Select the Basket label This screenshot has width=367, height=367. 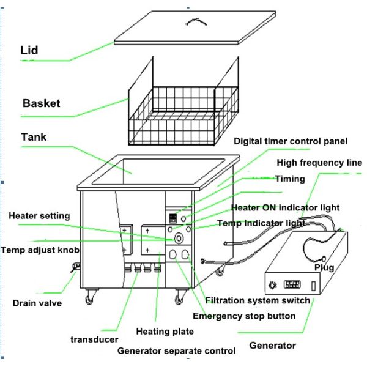[41, 103]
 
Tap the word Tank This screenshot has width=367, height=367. [35, 137]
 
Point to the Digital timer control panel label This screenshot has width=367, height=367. [291, 141]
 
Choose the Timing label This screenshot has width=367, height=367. [289, 180]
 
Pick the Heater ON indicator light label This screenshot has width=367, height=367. [284, 208]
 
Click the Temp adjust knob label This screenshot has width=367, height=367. [41, 250]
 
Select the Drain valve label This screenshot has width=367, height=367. [37, 303]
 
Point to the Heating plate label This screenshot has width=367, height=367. [166, 331]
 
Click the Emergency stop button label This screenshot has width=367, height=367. [244, 316]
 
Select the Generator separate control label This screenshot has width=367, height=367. [176, 351]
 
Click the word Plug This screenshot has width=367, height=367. [324, 268]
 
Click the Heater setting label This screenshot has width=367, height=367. [39, 215]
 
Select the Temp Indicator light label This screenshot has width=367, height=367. [261, 223]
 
